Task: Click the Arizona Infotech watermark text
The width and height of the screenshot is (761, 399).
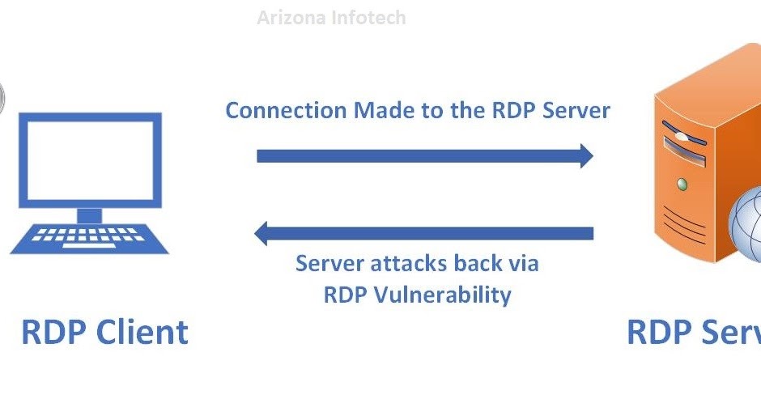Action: pos(331,17)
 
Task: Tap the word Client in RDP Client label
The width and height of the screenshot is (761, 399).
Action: pos(143,333)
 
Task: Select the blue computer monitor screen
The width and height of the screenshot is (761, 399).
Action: pos(90,159)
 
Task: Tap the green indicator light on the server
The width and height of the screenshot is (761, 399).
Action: pos(682,185)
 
